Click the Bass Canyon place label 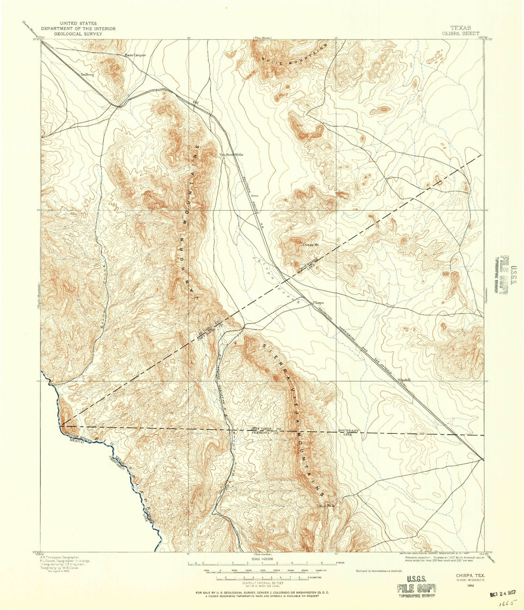coord(135,55)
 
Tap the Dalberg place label coord(87,74)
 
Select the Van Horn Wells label coord(231,154)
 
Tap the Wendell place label coord(404,380)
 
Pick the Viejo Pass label coord(325,505)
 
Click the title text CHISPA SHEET coord(461,33)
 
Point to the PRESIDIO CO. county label coord(264,433)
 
